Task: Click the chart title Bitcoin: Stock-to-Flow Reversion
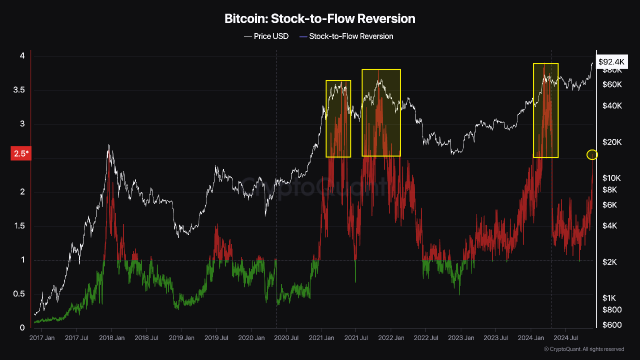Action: click(x=320, y=19)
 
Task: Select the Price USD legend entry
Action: click(x=266, y=36)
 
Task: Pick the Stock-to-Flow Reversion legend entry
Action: click(x=346, y=36)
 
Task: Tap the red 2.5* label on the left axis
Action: click(x=21, y=154)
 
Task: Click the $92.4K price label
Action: click(x=611, y=62)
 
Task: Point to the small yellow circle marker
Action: click(x=592, y=154)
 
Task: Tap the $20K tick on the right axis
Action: click(x=612, y=142)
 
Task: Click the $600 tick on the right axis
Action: click(x=612, y=325)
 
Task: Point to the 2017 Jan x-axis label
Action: click(x=42, y=338)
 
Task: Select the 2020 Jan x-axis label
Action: click(x=251, y=338)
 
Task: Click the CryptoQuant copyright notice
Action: click(x=584, y=349)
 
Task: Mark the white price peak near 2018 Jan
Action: click(x=108, y=145)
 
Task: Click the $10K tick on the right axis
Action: click(x=612, y=178)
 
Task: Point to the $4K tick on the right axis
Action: click(x=610, y=226)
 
